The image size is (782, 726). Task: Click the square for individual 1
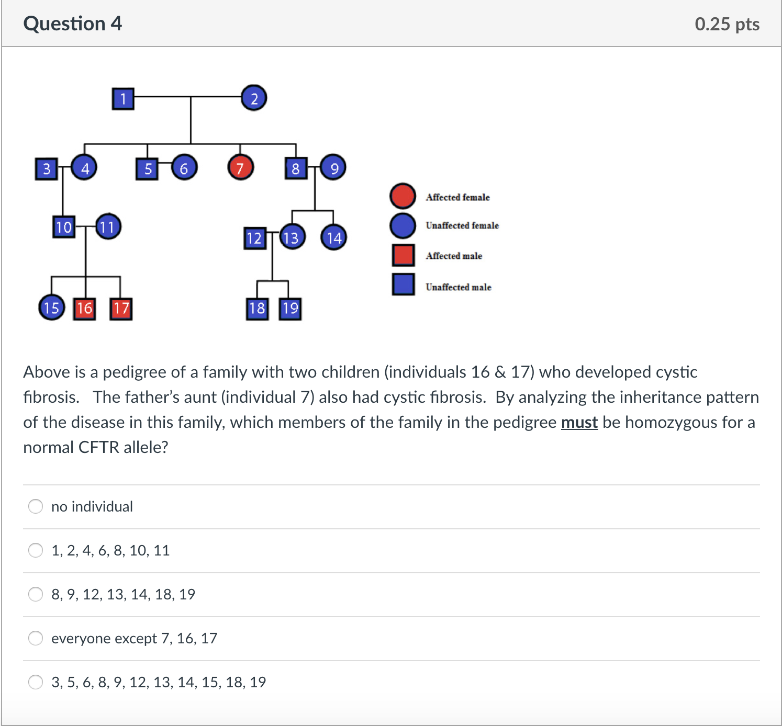pyautogui.click(x=123, y=98)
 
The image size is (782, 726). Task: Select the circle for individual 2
pyautogui.click(x=254, y=98)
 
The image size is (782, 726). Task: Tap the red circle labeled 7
pyautogui.click(x=241, y=167)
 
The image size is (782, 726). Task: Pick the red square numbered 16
pyautogui.click(x=84, y=309)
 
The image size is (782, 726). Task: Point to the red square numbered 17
pyautogui.click(x=121, y=309)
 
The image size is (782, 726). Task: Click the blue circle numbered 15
pyautogui.click(x=52, y=308)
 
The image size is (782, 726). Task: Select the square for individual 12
pyautogui.click(x=255, y=238)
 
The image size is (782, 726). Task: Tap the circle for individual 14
pyautogui.click(x=333, y=237)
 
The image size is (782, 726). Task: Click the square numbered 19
pyautogui.click(x=290, y=309)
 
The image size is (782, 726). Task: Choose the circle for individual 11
pyautogui.click(x=108, y=226)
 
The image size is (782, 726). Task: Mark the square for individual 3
pyautogui.click(x=47, y=169)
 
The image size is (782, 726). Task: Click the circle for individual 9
pyautogui.click(x=333, y=167)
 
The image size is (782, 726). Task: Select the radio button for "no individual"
pyautogui.click(x=36, y=506)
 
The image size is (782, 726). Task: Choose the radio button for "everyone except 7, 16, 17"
pyautogui.click(x=36, y=638)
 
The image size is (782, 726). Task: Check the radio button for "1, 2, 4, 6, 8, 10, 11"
pyautogui.click(x=36, y=550)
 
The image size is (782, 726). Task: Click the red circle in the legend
pyautogui.click(x=403, y=196)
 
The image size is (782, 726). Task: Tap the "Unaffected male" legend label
pyautogui.click(x=459, y=287)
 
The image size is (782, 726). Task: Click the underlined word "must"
pyautogui.click(x=579, y=422)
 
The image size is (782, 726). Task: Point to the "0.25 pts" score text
pyautogui.click(x=727, y=24)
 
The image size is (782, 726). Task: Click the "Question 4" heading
pyautogui.click(x=72, y=24)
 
